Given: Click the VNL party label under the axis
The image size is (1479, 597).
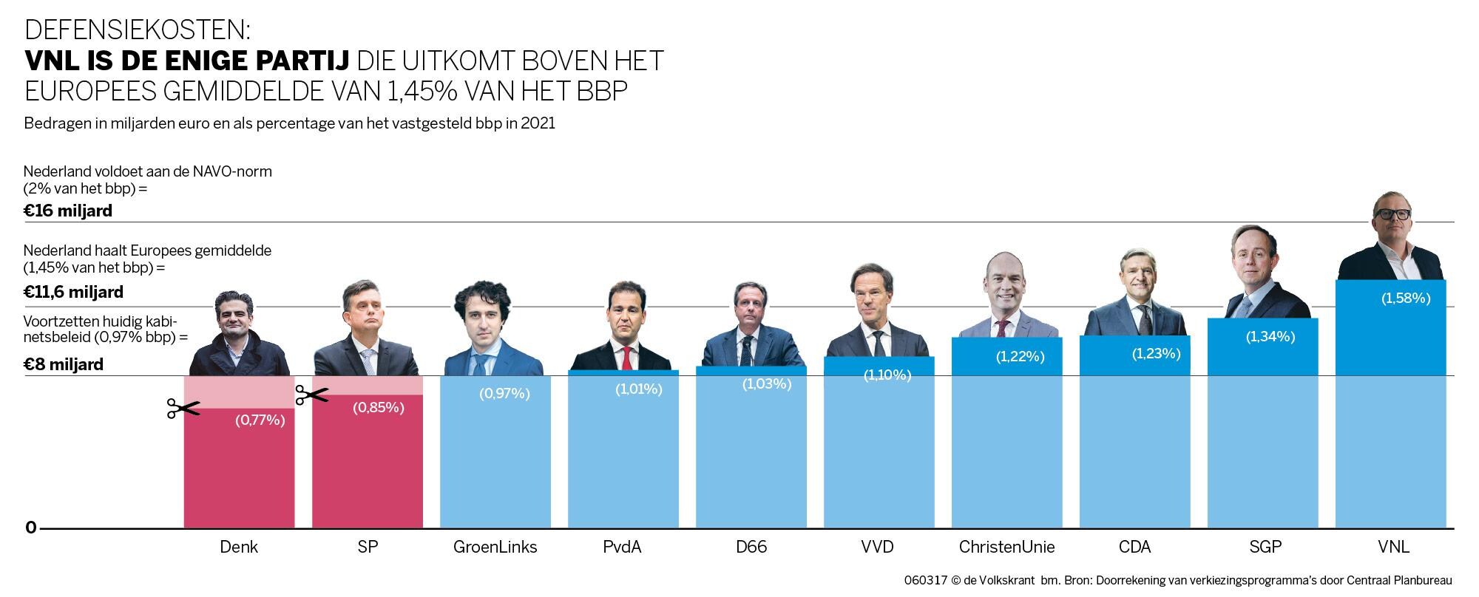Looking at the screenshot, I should point(1393,547).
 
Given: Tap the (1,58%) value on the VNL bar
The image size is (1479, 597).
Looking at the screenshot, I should point(1406,298).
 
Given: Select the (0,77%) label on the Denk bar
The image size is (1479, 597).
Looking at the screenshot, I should point(260,420).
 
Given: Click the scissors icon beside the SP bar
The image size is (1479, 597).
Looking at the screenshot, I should point(311,395).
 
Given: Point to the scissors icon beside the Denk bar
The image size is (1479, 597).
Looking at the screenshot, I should point(183,409).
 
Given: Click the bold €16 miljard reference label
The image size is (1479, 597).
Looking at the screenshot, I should point(68,211).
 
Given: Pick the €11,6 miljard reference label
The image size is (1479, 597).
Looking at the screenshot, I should point(73,293).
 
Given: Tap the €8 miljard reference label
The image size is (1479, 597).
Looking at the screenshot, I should point(64,364).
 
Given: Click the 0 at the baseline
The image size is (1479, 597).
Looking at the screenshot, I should point(31,528).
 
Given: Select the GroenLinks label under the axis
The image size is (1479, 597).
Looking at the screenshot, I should point(495,547).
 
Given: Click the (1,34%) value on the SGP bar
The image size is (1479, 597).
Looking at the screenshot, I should point(1270,337).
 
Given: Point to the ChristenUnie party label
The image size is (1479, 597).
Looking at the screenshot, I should point(1006,547).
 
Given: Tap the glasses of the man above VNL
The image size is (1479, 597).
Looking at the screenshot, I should point(1392,214).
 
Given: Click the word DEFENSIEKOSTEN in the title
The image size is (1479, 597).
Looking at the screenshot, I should point(138,30).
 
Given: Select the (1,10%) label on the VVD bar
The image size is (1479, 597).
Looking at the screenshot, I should point(887,375).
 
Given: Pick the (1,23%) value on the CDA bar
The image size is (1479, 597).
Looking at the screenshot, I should point(1156,354).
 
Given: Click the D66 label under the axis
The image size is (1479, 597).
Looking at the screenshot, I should point(751,547).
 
